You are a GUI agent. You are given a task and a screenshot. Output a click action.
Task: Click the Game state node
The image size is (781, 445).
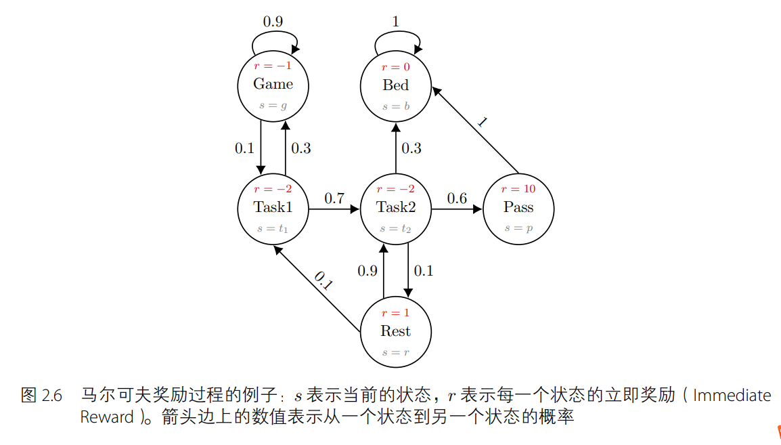pos(273,85)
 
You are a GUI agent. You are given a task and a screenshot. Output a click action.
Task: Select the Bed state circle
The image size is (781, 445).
pos(395,85)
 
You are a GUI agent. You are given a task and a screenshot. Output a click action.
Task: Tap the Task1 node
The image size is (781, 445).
pos(273,208)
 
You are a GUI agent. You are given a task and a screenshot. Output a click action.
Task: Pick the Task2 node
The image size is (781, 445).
pos(395,208)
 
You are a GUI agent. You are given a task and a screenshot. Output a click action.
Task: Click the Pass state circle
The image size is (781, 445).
pos(518,208)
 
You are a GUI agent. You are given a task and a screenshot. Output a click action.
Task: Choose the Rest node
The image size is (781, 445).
pos(395,331)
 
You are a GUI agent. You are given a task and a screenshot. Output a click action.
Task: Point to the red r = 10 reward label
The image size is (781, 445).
pos(518,189)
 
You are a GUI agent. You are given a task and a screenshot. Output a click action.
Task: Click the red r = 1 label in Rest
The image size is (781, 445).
pos(395,313)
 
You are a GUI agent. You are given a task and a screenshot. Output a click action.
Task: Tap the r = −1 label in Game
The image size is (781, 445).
pos(273,66)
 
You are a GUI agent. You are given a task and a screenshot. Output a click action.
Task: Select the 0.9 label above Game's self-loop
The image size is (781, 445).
pos(273,21)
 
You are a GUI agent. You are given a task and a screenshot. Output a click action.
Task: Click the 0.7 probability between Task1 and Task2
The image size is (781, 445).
pos(334,198)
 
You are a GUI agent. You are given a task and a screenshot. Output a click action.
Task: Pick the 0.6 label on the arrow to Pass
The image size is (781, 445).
pos(457,198)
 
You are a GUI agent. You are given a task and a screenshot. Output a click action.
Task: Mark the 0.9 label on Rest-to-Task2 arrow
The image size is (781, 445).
pos(367,271)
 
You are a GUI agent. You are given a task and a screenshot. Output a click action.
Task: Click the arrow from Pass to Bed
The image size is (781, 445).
pos(475,129)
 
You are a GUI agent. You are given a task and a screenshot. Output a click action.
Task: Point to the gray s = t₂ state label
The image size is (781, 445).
pos(395,229)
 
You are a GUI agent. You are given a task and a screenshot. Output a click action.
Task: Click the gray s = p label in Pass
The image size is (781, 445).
pos(518,229)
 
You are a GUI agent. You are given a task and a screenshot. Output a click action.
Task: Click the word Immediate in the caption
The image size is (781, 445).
pos(732,395)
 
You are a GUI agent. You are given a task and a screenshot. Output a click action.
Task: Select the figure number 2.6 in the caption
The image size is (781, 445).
pos(51,396)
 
